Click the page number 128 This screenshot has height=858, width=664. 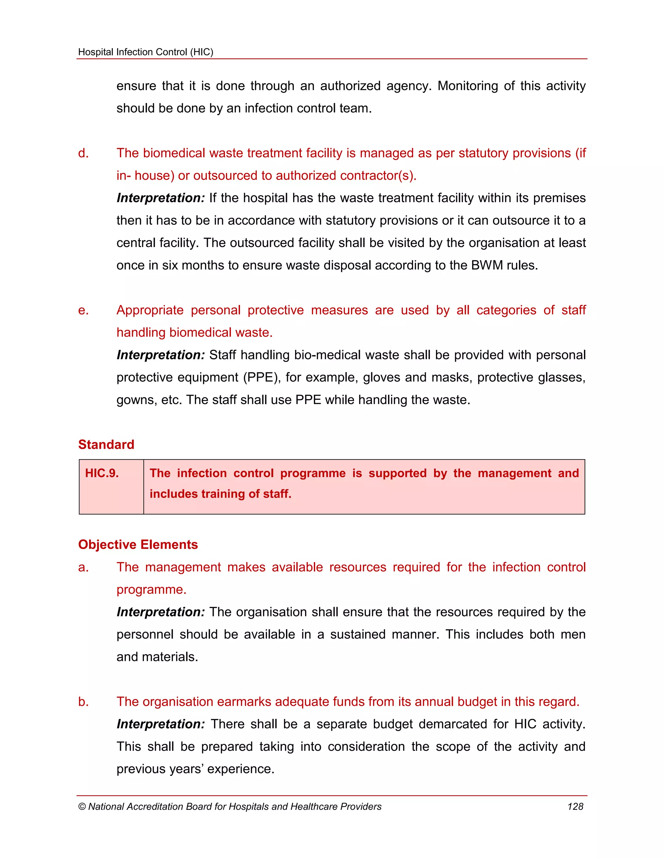coord(575,807)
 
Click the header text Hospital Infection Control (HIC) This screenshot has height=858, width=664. coord(146,52)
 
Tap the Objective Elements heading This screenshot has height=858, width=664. coord(138,545)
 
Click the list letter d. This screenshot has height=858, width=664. coord(83,153)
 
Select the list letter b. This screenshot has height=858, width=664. coord(83,702)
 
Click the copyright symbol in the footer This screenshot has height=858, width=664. coord(82,807)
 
